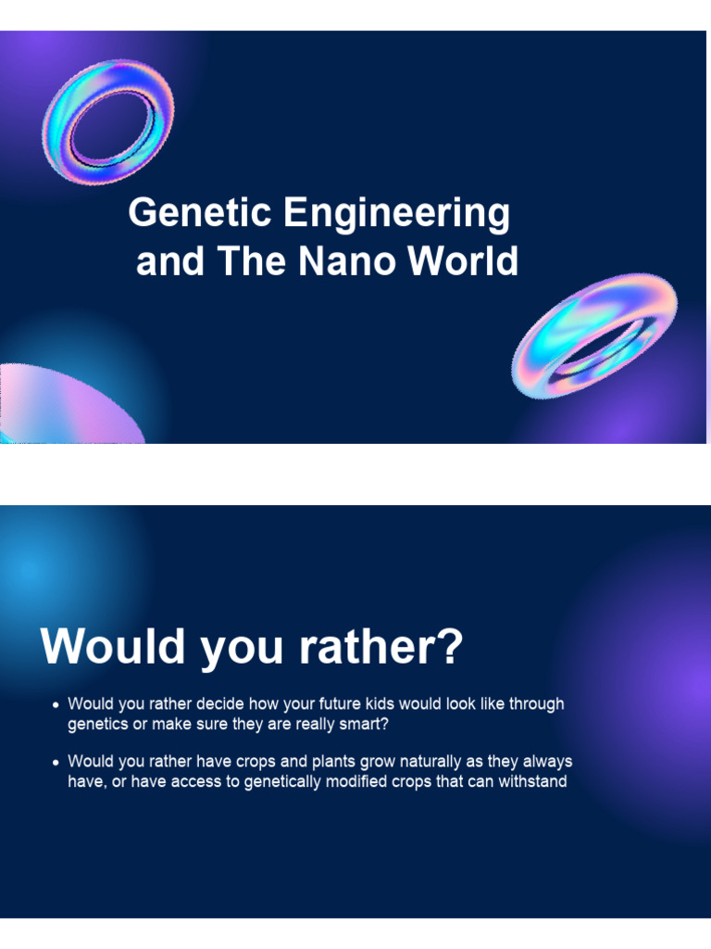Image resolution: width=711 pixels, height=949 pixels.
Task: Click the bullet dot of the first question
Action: tap(56, 705)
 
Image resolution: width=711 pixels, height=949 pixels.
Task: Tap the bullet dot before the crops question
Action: tap(56, 763)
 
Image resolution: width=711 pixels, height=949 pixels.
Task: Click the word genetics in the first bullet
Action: tap(99, 725)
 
